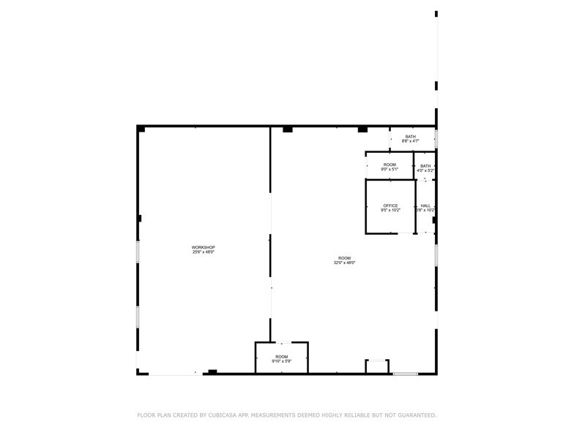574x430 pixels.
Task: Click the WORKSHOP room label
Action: (x=204, y=247)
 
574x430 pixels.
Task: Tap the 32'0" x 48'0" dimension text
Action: (x=345, y=263)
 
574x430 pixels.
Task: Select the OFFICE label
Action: (x=390, y=205)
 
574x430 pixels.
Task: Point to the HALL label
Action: (x=425, y=205)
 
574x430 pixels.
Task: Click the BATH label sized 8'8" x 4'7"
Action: (x=410, y=137)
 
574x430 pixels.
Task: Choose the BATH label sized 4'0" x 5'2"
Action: (x=425, y=166)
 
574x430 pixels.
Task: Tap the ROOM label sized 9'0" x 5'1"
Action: (x=389, y=165)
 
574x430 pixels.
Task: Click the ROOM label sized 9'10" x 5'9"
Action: (x=282, y=356)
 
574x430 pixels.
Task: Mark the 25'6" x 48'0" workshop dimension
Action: (x=204, y=252)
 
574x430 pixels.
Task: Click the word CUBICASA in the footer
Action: (x=223, y=415)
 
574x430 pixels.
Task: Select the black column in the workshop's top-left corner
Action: (x=141, y=129)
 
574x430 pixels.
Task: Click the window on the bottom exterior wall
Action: (x=405, y=374)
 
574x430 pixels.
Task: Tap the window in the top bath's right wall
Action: (x=436, y=138)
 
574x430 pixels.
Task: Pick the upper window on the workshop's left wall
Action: (x=138, y=252)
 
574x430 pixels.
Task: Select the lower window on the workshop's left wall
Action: (x=138, y=316)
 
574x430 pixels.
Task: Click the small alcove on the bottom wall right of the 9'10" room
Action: (x=377, y=366)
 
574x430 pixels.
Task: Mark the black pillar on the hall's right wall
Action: (x=434, y=219)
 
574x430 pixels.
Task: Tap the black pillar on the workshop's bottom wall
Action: (x=212, y=371)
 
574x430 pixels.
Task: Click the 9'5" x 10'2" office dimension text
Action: (x=390, y=211)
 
